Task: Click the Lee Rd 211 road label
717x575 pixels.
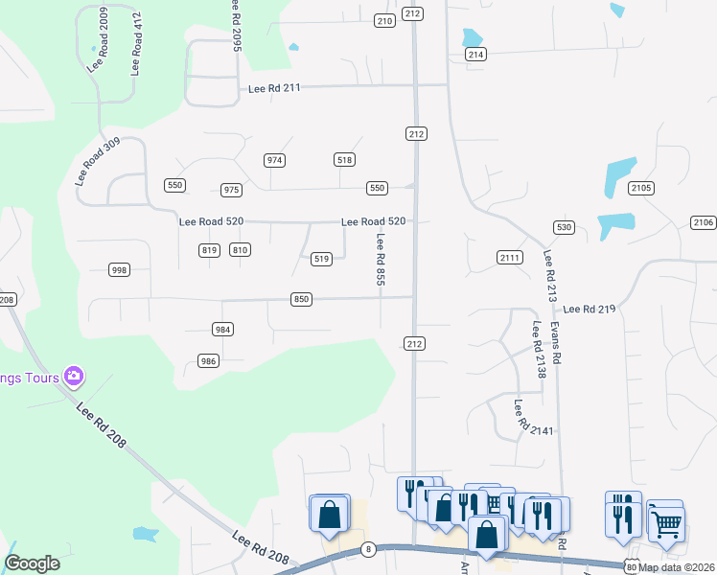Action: [274, 88]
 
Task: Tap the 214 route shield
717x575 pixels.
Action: [475, 55]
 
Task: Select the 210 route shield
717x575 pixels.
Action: [384, 20]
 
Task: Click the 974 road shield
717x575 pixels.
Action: [275, 160]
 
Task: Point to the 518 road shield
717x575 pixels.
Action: [345, 160]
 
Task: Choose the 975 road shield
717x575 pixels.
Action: [231, 190]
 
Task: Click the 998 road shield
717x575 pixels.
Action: [119, 270]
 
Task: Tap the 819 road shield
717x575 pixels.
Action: [210, 250]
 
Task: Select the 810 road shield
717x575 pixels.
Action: [240, 250]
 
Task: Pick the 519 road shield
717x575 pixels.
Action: [322, 258]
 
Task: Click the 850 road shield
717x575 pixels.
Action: [301, 300]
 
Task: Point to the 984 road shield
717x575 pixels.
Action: [222, 330]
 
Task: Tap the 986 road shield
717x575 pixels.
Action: [208, 360]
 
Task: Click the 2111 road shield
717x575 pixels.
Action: [509, 258]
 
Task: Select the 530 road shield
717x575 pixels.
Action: [564, 227]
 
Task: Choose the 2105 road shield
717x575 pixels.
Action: [642, 188]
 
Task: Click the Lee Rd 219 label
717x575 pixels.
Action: [589, 310]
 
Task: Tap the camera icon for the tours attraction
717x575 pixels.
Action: [74, 377]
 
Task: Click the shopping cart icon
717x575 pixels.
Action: [666, 523]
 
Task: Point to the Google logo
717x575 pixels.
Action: [32, 563]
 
